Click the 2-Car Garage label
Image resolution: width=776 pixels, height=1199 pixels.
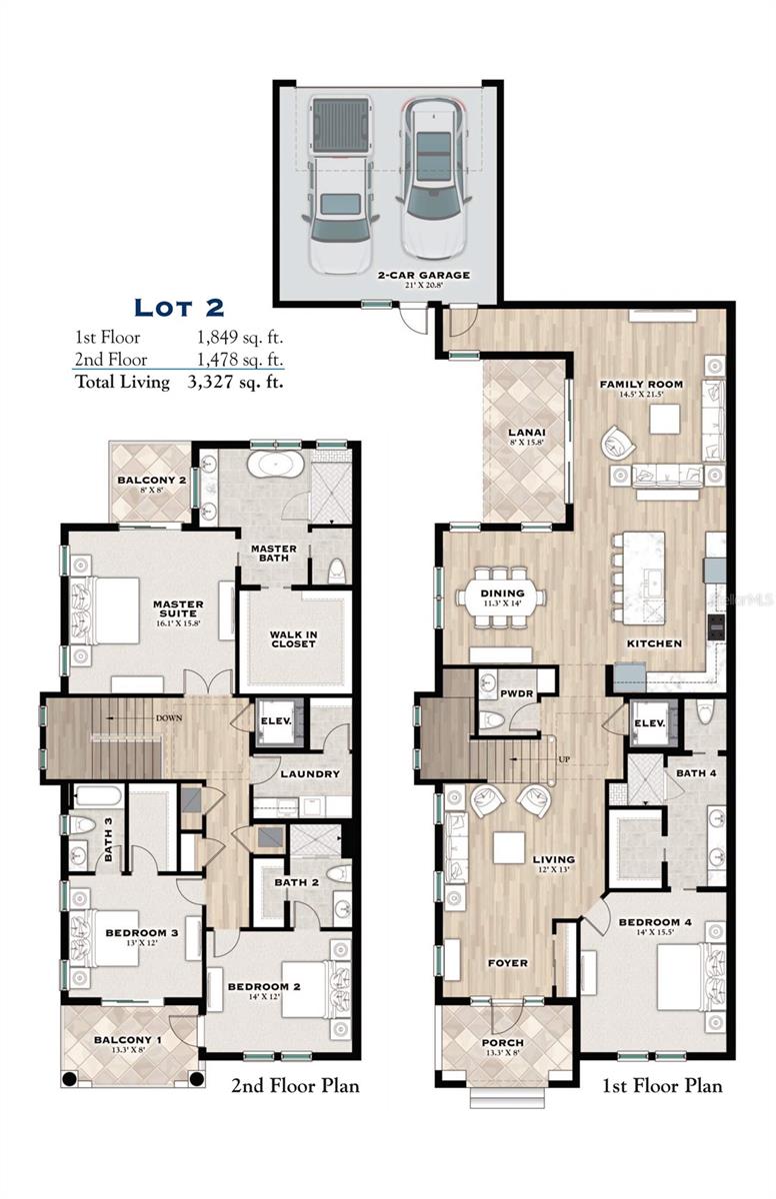[x=423, y=274]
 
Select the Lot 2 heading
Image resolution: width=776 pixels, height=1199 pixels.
[x=179, y=306]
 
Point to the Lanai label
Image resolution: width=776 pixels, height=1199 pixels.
[x=525, y=433]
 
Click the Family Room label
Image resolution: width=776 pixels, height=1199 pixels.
[x=641, y=384]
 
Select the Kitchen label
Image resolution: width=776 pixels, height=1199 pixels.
[x=654, y=643]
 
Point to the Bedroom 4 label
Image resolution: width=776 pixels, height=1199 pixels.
[x=655, y=921]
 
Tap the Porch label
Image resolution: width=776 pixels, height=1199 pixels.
[x=502, y=1043]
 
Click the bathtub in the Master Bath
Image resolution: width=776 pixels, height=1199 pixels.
[x=272, y=466]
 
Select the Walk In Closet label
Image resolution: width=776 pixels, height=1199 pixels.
[x=292, y=638]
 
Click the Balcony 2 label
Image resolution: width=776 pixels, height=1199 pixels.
[x=152, y=481]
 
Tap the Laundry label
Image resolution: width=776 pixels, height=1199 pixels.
[x=310, y=773]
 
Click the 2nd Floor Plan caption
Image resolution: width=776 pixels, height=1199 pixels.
[x=295, y=1086]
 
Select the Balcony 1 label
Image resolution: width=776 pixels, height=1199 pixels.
[x=129, y=1040]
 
